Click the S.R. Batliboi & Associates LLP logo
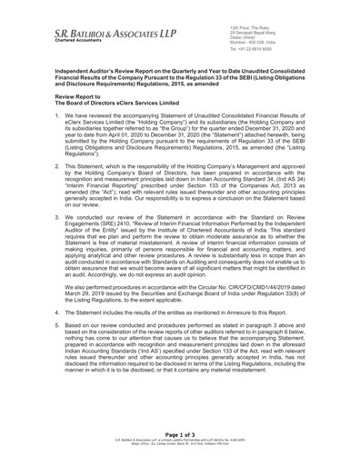pyautogui.click(x=100, y=32)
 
